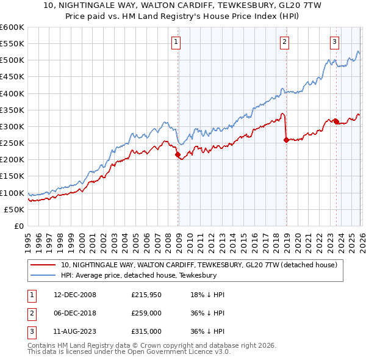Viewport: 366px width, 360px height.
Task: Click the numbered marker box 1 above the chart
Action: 176,42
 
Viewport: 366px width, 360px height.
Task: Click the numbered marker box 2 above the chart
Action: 285,42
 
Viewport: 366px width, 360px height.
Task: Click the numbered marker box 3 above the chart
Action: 335,42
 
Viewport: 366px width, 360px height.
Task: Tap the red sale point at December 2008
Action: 178,155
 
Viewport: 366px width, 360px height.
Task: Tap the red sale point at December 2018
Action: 286,140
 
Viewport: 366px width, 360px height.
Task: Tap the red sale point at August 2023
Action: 336,121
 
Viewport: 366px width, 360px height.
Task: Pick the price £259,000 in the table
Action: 146,313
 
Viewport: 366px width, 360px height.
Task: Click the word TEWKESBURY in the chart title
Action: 243,4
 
